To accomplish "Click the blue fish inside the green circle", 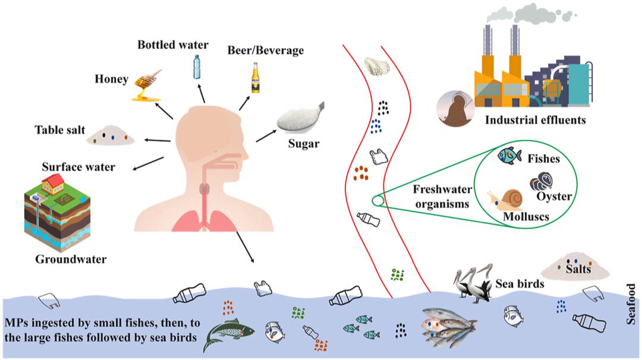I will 509,155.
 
